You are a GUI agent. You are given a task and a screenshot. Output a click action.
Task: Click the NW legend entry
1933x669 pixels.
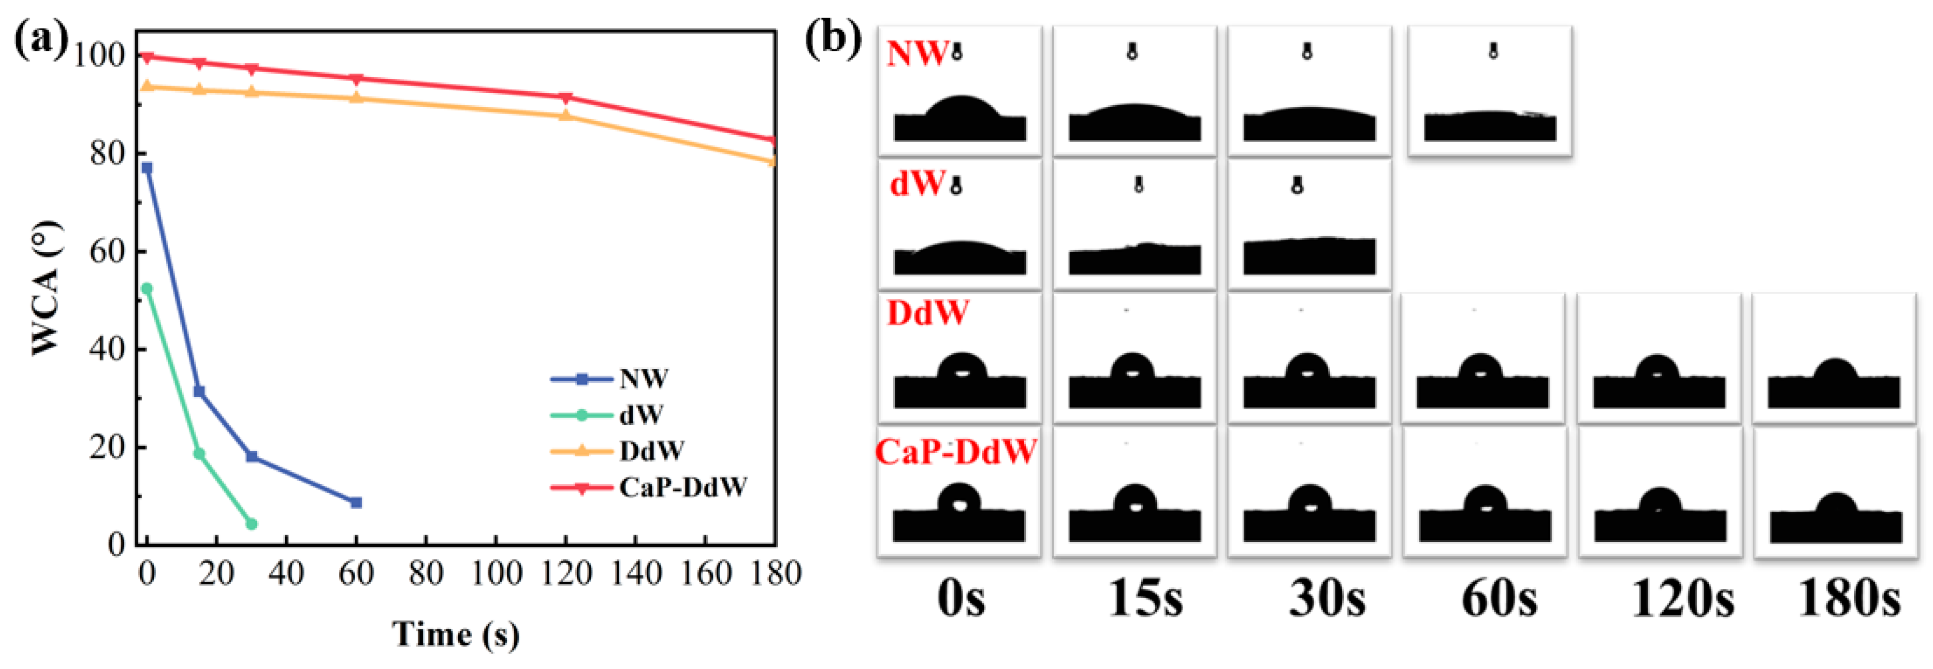642,379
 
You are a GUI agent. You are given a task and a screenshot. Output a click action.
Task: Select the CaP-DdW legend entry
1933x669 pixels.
682,488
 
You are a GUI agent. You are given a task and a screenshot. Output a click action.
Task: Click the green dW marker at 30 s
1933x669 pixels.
251,524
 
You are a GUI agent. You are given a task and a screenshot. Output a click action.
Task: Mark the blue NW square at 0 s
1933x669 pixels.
147,168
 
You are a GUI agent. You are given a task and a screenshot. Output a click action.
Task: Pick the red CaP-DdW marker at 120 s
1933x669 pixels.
566,98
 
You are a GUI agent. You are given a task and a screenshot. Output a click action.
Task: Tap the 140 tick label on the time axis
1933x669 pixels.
636,574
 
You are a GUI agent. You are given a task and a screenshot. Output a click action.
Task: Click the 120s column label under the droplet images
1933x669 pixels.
1682,600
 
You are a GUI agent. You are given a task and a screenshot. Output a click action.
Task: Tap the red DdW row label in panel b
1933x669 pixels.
927,313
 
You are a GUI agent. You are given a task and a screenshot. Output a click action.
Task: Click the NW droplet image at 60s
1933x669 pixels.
1490,91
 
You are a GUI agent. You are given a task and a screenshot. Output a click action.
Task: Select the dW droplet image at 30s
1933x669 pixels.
1309,225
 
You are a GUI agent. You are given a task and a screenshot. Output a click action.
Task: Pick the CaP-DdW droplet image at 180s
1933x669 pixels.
1836,493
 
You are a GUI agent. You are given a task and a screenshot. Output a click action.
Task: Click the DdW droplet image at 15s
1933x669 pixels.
1134,358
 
